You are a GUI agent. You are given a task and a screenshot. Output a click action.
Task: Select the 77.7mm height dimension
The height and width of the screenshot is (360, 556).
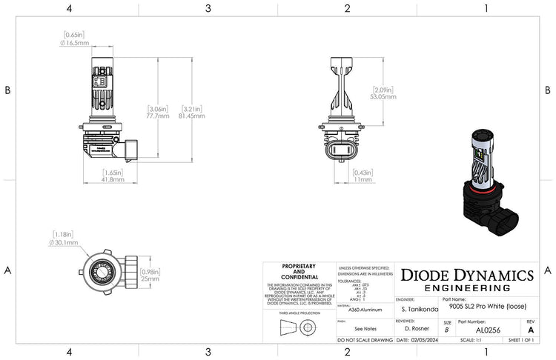[x=158, y=116]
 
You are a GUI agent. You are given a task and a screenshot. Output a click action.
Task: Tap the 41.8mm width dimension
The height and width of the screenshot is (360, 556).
[x=113, y=179]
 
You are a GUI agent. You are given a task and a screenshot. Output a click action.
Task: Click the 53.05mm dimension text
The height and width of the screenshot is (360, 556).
[x=383, y=96]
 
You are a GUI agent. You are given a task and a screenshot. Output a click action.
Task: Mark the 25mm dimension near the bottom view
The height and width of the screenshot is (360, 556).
[x=150, y=279]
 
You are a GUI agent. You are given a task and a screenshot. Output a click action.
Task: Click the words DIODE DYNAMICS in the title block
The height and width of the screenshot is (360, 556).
[x=467, y=275]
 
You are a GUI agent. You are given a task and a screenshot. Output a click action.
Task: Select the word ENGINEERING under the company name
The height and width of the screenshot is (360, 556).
[x=466, y=287]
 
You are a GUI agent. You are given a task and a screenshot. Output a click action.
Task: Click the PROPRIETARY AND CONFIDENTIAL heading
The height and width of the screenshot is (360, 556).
[x=299, y=271]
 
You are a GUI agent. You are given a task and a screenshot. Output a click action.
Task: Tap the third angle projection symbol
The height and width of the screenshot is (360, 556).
[x=299, y=327]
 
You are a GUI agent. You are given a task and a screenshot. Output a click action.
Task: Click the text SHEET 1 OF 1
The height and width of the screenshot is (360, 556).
[x=525, y=340]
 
